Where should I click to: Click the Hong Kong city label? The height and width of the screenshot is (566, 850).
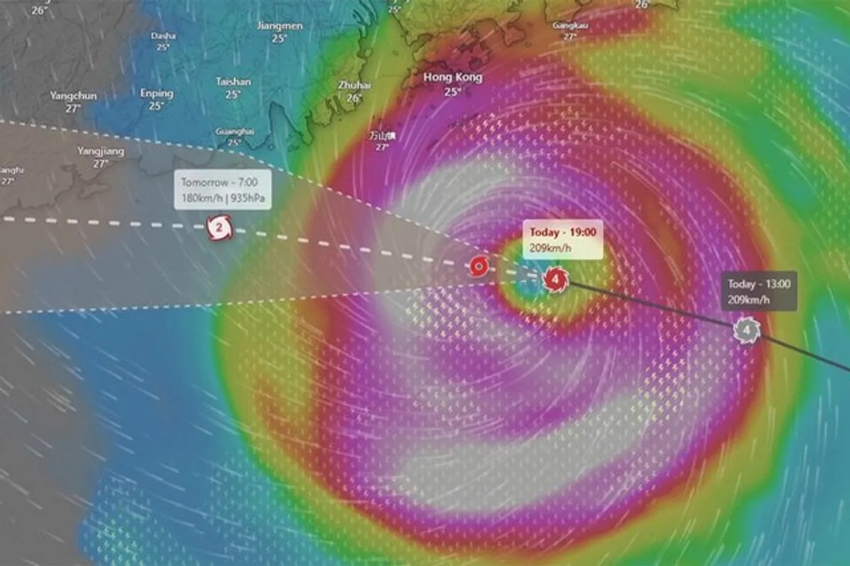tap(453, 77)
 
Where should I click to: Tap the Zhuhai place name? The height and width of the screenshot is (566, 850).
tap(354, 85)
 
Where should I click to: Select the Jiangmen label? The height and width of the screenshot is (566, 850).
tap(280, 26)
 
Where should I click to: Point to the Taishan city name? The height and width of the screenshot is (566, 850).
tap(233, 82)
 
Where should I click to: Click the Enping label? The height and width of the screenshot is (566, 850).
tap(157, 93)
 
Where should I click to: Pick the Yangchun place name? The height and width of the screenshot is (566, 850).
tap(74, 96)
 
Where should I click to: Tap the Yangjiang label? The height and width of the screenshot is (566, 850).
tap(101, 151)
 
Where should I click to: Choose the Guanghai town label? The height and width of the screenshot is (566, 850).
tap(234, 131)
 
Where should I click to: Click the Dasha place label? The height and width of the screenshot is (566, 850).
tap(164, 35)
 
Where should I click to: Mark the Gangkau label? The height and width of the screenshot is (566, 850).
tap(569, 26)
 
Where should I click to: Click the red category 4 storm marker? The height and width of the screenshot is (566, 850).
tap(556, 280)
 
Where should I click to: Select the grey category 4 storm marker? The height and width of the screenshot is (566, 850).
tap(746, 329)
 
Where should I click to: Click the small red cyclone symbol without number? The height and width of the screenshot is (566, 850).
tap(479, 267)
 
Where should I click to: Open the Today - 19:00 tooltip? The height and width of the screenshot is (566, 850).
tap(562, 239)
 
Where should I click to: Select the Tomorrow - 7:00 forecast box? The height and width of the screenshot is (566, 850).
tap(223, 189)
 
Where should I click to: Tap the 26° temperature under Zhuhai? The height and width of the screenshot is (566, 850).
tap(354, 98)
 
